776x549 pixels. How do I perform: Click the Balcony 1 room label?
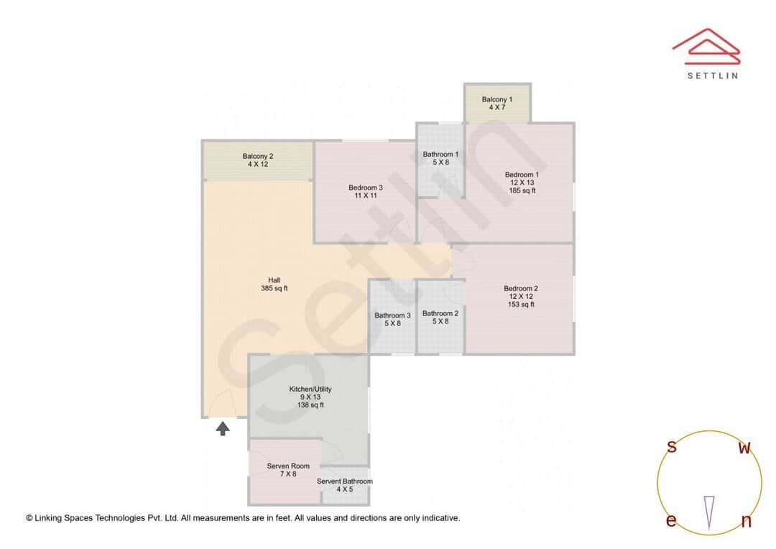[497, 103]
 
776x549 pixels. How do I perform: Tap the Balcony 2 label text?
[257, 160]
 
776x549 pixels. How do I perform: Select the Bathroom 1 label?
[440, 158]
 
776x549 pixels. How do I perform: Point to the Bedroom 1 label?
[522, 183]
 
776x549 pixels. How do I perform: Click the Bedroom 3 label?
[365, 191]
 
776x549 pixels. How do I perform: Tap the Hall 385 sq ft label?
[274, 285]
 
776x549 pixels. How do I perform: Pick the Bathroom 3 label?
[392, 319]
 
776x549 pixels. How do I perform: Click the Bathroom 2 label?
[440, 317]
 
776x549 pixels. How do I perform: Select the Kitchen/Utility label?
[310, 397]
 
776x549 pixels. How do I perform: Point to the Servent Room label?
[288, 470]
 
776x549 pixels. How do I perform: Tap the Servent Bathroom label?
[345, 485]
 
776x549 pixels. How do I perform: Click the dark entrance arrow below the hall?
[223, 429]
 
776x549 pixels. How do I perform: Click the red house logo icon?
[706, 45]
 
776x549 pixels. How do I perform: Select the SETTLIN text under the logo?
[712, 75]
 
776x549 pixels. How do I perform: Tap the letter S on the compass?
[672, 447]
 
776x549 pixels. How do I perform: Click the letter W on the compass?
[745, 448]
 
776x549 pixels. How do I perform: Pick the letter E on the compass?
[671, 521]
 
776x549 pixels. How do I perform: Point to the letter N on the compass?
[747, 522]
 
